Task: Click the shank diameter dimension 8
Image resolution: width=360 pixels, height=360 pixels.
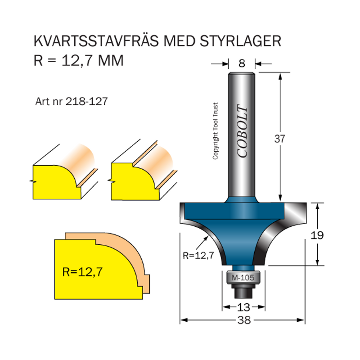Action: pyautogui.click(x=242, y=63)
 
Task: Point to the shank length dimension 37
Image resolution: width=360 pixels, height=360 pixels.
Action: pyautogui.click(x=280, y=139)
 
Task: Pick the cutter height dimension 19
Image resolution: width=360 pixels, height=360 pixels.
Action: pyautogui.click(x=317, y=234)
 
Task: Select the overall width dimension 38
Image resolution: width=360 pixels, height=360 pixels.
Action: pyautogui.click(x=243, y=320)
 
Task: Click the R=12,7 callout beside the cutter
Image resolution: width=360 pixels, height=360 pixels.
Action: pyautogui.click(x=198, y=255)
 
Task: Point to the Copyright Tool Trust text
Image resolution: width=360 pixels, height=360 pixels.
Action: pyautogui.click(x=215, y=130)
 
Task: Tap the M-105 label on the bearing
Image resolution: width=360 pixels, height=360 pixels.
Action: pyautogui.click(x=243, y=278)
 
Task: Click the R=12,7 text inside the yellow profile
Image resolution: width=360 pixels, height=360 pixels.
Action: pyautogui.click(x=83, y=272)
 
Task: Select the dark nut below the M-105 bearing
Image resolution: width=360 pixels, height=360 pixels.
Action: pyautogui.click(x=243, y=292)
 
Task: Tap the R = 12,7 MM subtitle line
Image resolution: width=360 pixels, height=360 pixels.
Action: pyautogui.click(x=79, y=60)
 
